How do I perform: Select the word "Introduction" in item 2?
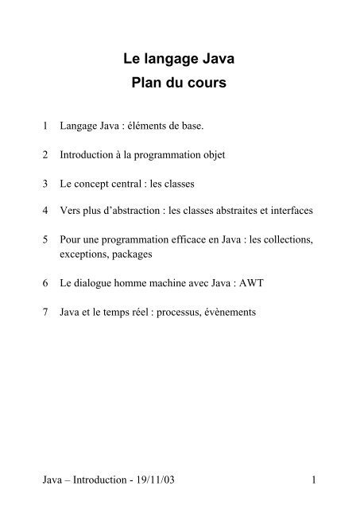[86, 154]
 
